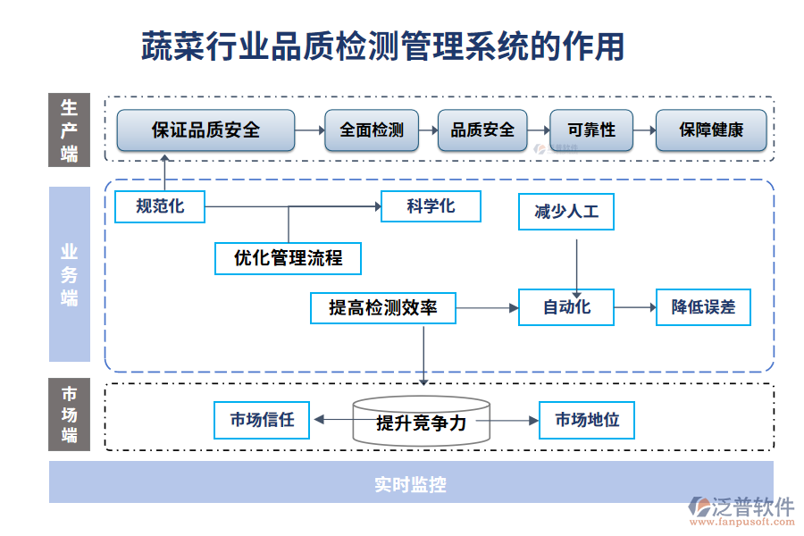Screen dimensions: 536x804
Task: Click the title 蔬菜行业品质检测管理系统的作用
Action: click(383, 46)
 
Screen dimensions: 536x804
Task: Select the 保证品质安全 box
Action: click(205, 130)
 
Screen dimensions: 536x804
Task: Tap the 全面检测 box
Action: click(371, 130)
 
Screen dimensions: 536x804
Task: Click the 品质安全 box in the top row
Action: click(482, 130)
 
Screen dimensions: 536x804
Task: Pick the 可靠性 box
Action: click(591, 130)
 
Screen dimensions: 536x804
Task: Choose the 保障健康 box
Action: click(711, 130)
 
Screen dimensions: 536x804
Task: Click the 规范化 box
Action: click(160, 206)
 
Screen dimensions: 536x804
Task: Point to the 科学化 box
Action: click(431, 206)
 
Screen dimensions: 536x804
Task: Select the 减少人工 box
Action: click(566, 213)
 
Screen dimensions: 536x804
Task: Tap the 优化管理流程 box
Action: click(288, 258)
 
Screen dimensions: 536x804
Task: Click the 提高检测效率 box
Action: click(383, 307)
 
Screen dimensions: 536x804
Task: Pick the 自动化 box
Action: click(566, 307)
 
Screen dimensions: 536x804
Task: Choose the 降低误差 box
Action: click(703, 307)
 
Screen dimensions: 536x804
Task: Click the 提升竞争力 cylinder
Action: click(422, 422)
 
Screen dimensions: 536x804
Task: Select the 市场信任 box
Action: click(262, 420)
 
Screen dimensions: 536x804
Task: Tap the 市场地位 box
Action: click(587, 420)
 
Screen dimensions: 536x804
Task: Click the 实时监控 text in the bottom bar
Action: click(410, 484)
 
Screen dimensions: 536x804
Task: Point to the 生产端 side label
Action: click(69, 130)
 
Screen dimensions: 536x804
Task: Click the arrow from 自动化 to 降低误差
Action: click(635, 307)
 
